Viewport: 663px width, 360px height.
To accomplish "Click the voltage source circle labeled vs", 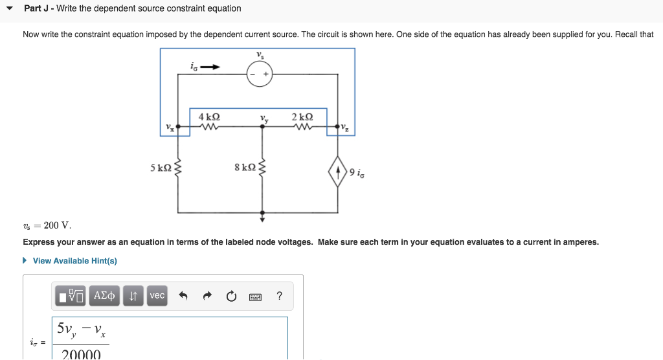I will click(x=260, y=74).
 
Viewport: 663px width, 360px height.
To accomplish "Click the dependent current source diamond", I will click(x=338, y=173).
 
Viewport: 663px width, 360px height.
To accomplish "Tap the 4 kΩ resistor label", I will click(x=209, y=117).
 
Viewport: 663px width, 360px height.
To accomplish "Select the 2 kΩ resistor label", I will click(x=302, y=117).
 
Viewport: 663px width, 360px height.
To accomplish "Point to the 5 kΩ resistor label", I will click(x=161, y=168).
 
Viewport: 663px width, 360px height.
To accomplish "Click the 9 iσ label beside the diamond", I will click(x=357, y=172).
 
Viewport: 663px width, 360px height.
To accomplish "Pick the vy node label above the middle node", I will click(x=264, y=118).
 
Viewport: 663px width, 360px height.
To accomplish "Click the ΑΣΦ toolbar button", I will click(x=104, y=296).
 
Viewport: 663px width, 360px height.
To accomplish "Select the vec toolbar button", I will click(x=157, y=295).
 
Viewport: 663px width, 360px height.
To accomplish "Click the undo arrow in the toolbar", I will click(x=183, y=297).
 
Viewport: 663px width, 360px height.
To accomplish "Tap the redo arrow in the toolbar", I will click(x=207, y=297).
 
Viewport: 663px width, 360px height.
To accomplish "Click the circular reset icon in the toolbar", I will click(x=231, y=297).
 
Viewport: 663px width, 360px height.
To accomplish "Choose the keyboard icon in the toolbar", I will click(x=255, y=297).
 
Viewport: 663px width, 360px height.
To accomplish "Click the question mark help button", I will click(x=279, y=296).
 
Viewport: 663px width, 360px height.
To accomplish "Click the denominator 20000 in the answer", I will click(x=81, y=354).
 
